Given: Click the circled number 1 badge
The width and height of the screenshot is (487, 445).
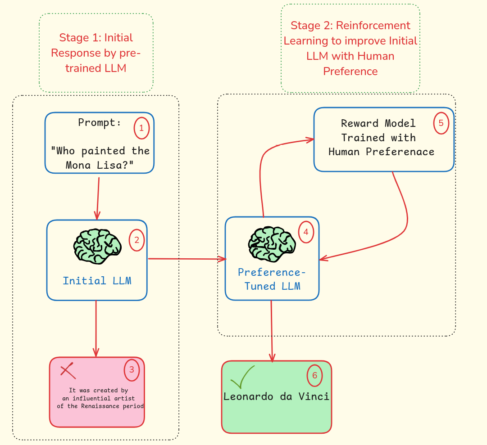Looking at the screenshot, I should (x=141, y=128).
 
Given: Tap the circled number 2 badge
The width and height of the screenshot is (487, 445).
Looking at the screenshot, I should (x=137, y=240).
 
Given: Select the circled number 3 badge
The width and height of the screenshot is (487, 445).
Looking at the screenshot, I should (x=132, y=370).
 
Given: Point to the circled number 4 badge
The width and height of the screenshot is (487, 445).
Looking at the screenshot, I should (x=306, y=232).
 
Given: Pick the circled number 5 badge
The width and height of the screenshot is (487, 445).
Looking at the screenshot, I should (x=441, y=123).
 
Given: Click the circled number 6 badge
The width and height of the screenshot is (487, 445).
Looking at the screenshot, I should (x=314, y=375).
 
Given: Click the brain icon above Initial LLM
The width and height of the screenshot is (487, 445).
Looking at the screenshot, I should (x=97, y=245).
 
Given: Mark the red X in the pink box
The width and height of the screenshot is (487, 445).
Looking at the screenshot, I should (x=68, y=371).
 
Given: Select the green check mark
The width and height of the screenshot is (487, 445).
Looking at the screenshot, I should (x=242, y=378).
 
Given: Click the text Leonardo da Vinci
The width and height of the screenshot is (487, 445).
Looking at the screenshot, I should (x=276, y=396).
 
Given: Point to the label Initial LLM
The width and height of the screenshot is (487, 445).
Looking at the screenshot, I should (x=97, y=281).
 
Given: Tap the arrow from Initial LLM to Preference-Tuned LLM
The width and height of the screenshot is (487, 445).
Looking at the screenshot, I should (x=187, y=259).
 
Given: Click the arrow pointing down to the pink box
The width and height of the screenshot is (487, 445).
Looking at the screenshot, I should (x=96, y=328).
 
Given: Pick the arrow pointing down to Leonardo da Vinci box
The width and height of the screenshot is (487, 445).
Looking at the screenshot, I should (x=272, y=331).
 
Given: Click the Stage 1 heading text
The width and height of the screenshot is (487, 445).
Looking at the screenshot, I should (x=96, y=53).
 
